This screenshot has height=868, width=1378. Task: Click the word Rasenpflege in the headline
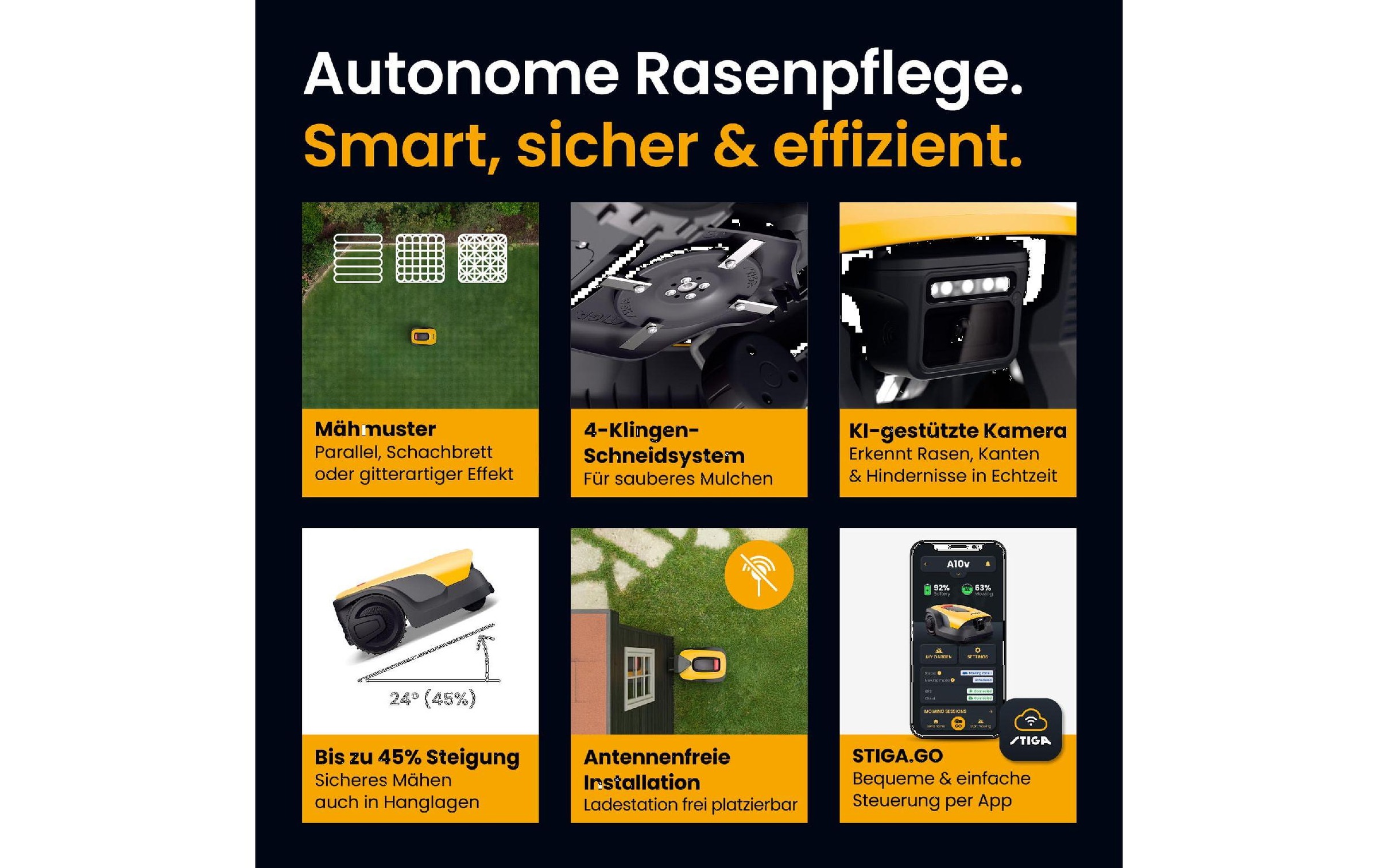[828, 76]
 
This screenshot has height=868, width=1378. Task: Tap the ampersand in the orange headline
[735, 146]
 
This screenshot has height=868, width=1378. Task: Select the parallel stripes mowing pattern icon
[358, 259]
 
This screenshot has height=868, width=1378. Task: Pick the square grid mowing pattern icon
[420, 259]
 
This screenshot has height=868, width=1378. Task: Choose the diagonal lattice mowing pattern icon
[482, 259]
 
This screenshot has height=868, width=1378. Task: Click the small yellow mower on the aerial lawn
[424, 336]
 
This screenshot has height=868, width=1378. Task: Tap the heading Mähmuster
[375, 429]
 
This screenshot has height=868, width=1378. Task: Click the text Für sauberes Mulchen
[678, 479]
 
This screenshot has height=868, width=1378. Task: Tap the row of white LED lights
[969, 286]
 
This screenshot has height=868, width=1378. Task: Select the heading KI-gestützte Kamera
[957, 430]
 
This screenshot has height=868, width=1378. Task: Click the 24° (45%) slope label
[432, 699]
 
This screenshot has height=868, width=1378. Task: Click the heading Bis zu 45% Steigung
[417, 757]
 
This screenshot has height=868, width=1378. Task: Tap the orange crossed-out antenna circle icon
[759, 574]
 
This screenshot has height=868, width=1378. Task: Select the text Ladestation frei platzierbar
[690, 804]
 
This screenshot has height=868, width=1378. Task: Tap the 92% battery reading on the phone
[940, 588]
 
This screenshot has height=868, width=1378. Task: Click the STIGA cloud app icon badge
[1030, 729]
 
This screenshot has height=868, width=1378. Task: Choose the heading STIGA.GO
[897, 755]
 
